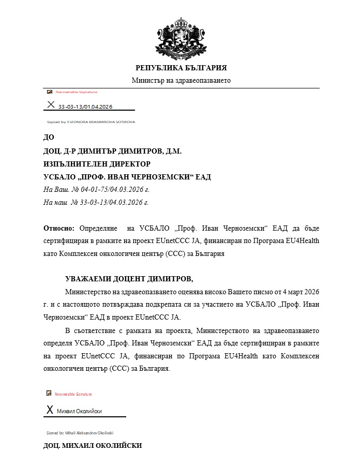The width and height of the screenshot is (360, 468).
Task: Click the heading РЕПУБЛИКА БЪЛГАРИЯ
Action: point(181,68)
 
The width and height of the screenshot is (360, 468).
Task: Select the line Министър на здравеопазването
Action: point(181,80)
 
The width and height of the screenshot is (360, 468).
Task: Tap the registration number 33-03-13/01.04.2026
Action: point(85,107)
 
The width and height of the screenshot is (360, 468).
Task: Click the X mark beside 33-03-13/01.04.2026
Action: point(51,105)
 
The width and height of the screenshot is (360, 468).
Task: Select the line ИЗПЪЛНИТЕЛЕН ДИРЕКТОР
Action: point(97,163)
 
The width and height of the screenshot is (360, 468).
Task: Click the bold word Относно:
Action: point(59,228)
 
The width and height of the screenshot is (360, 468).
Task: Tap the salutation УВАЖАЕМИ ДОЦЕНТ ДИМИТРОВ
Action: point(129,279)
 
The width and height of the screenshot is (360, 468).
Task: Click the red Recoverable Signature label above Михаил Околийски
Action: point(73,394)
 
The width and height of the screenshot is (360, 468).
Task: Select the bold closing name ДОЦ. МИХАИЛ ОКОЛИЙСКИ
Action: point(92,446)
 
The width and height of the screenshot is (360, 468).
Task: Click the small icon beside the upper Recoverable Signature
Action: point(50,92)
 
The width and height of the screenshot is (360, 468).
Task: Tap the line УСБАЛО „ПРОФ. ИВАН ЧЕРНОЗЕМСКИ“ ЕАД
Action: point(127,176)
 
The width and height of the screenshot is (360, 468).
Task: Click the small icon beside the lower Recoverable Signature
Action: point(49,394)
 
